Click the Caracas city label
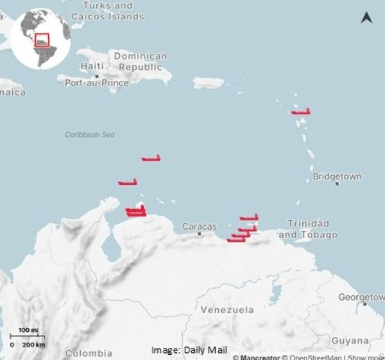200,227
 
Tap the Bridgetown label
337,176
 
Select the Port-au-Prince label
97,83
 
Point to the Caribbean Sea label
90,135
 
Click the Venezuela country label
227,310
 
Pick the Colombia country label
89,353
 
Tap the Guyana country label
350,341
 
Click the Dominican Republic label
140,62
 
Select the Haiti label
92,67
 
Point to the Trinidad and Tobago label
308,229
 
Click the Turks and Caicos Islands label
107,10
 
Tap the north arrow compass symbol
366,17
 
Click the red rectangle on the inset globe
42,40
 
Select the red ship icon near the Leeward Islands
300,112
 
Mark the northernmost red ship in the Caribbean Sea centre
151,158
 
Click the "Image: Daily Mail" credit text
189,350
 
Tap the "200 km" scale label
35,345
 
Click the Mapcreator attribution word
259,357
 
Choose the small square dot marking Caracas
200,234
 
